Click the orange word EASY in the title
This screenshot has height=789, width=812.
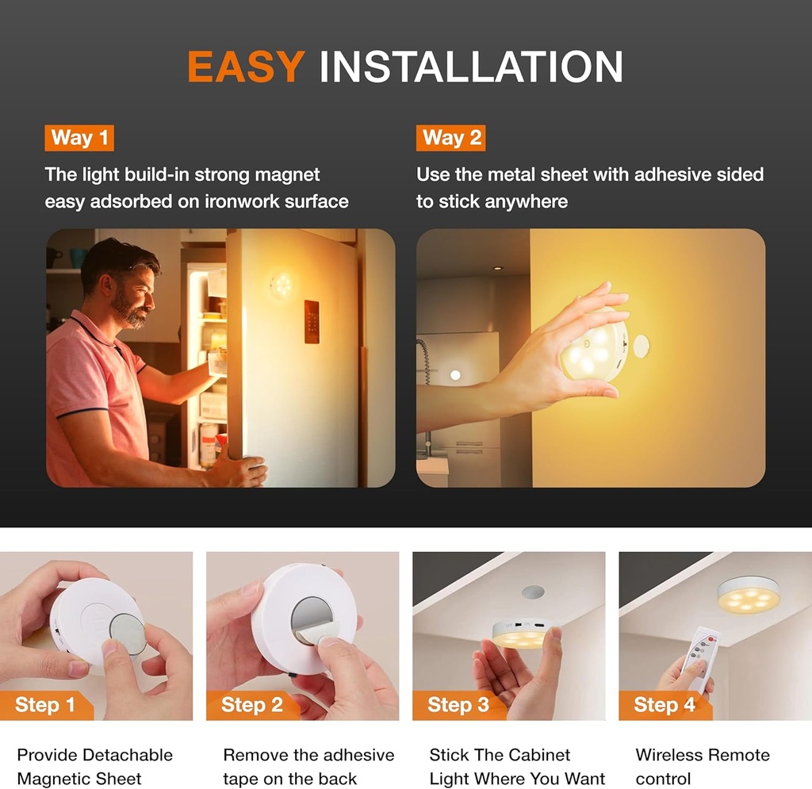click(x=246, y=67)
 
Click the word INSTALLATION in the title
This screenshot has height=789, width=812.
click(x=470, y=67)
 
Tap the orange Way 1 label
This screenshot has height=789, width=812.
click(x=79, y=138)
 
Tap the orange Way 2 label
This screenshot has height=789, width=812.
click(x=451, y=138)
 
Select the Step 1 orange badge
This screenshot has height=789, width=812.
click(x=46, y=705)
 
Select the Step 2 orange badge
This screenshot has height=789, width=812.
click(x=251, y=705)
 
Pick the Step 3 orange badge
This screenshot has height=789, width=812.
click(x=458, y=705)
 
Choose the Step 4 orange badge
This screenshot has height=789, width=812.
click(x=664, y=705)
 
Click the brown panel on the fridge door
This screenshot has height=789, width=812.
click(x=312, y=322)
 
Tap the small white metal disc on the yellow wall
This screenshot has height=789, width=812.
click(x=639, y=346)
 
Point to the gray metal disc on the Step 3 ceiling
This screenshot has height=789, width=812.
click(x=533, y=592)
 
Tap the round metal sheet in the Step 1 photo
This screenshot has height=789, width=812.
click(x=128, y=634)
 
